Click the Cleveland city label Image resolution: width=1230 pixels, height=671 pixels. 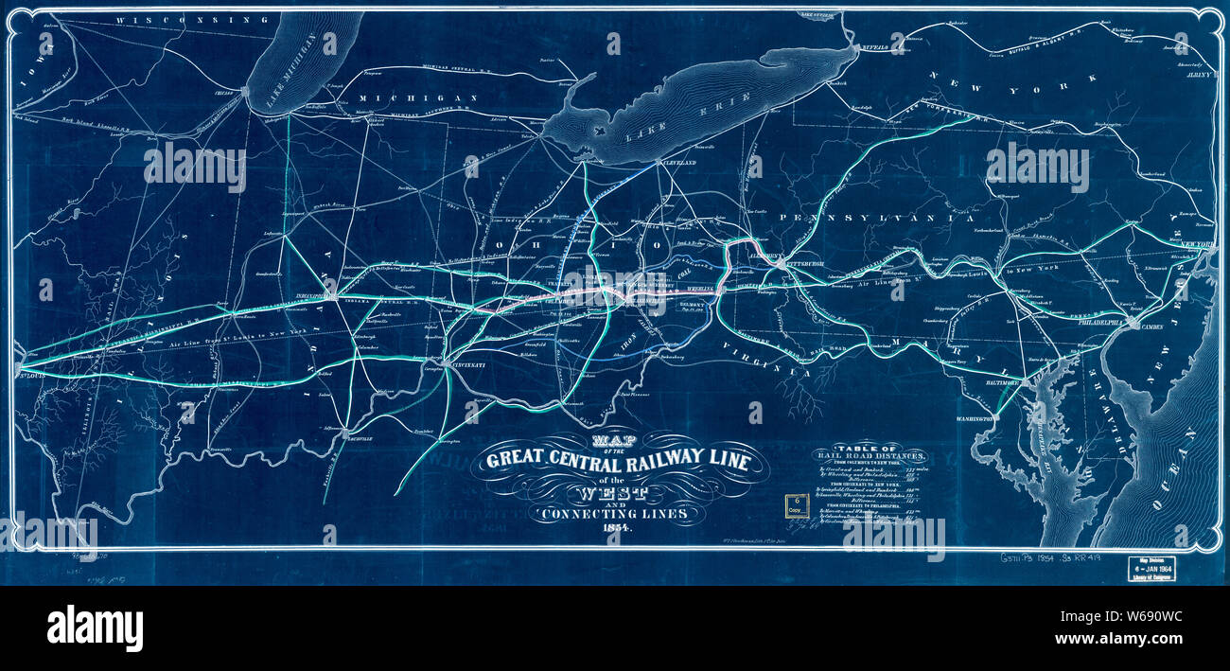coord(676,164)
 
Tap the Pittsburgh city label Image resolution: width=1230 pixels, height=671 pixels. coord(807,264)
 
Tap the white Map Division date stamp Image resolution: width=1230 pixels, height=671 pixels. coord(1151,567)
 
